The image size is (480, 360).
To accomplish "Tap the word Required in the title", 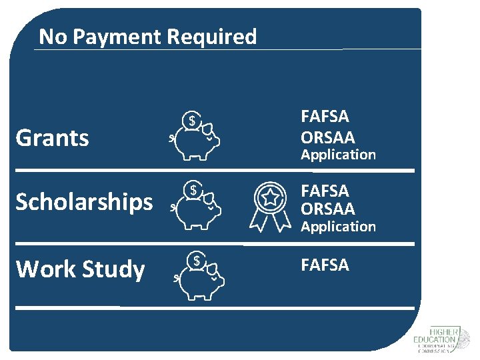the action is click(211, 37).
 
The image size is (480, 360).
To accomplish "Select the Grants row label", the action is click(52, 138).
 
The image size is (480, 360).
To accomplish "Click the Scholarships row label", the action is click(84, 201).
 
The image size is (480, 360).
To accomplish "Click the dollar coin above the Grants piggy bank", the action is click(192, 121).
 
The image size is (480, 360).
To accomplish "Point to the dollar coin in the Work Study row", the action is click(197, 260).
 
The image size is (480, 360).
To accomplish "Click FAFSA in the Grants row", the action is click(325, 117).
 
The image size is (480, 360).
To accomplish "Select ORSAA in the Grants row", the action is click(328, 137).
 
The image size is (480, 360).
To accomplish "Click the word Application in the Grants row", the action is click(338, 155).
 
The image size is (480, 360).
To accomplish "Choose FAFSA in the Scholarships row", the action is click(325, 191).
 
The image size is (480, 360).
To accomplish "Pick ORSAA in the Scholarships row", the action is click(328, 209).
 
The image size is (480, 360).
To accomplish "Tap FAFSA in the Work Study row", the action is click(325, 265).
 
